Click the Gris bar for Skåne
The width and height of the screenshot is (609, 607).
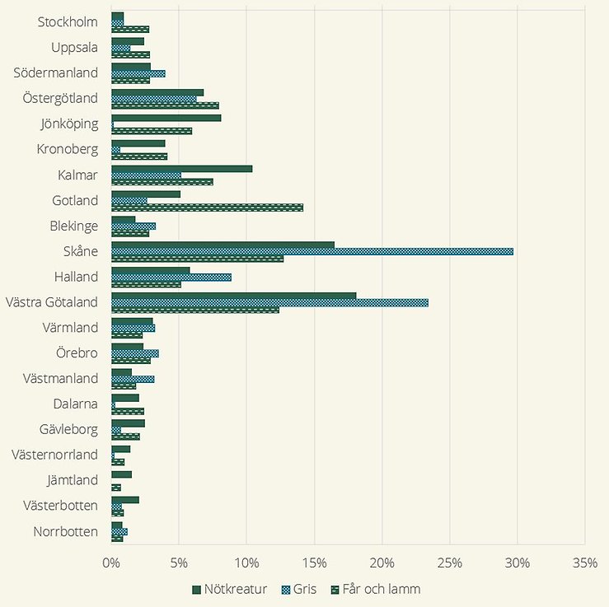(312, 251)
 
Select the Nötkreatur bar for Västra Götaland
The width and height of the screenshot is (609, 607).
(233, 296)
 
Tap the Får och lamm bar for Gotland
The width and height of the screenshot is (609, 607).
(207, 208)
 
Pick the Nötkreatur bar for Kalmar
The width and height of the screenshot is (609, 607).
(181, 168)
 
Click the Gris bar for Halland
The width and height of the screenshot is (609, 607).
(171, 277)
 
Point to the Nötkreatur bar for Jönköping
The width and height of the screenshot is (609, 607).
(166, 117)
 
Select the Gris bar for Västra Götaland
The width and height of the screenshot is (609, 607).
(269, 302)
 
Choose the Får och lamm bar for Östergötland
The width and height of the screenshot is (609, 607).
(165, 105)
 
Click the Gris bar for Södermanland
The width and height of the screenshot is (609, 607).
(138, 73)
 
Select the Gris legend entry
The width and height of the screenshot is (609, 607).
(298, 590)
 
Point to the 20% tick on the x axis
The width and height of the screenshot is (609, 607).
(382, 563)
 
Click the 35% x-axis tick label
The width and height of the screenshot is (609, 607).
(584, 563)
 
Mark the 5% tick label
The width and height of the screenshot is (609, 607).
(179, 563)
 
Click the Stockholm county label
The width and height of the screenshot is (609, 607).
(68, 21)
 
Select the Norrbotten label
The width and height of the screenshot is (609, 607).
(66, 531)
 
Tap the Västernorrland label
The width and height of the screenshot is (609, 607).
(55, 455)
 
